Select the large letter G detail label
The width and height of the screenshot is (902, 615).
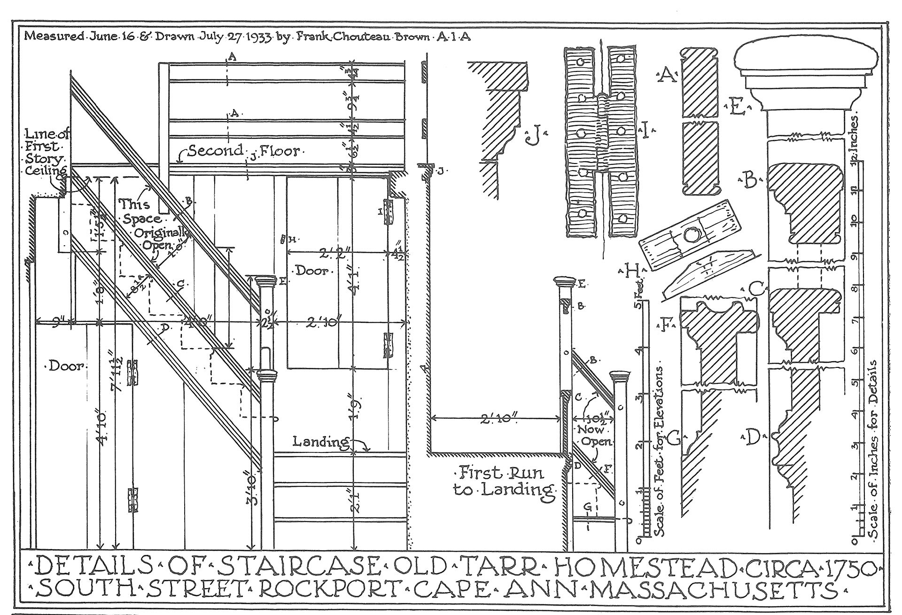(x=674, y=438)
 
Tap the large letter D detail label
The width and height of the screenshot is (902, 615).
(x=753, y=438)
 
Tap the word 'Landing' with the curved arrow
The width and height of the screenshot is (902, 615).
(x=321, y=442)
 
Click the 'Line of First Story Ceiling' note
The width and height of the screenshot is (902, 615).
(x=47, y=153)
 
